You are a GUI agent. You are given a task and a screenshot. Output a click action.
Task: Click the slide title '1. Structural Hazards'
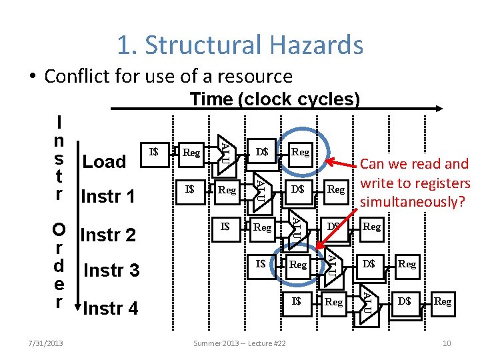click(240, 45)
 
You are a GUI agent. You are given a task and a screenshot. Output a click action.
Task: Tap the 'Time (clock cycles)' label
click(275, 99)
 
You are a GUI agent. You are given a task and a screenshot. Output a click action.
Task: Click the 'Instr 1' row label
click(107, 197)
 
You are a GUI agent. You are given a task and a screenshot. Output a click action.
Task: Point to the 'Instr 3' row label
click(111, 271)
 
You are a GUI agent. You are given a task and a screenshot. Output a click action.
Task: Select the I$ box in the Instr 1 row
click(190, 189)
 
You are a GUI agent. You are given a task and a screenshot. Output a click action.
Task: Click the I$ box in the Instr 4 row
click(297, 301)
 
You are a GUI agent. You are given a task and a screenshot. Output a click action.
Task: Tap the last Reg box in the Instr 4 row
click(443, 301)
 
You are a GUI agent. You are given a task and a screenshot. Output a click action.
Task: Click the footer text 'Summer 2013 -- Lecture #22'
click(239, 343)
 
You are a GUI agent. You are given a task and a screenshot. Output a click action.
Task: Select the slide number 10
click(447, 343)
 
